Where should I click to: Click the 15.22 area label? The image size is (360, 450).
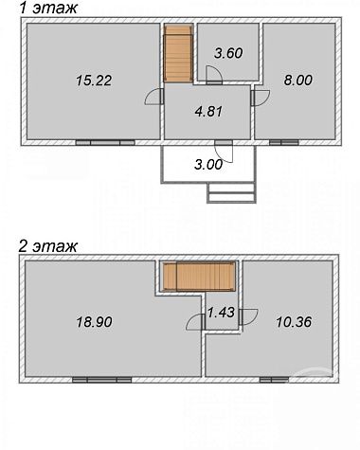click(x=94, y=81)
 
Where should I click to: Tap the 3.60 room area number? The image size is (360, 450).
click(x=228, y=53)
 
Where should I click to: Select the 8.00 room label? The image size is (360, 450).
click(x=298, y=80)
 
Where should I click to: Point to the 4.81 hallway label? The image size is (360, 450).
click(x=208, y=112)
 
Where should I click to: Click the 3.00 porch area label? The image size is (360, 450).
click(x=208, y=165)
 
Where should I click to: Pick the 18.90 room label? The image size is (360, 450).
click(x=94, y=322)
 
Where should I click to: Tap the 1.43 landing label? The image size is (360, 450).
click(x=221, y=313)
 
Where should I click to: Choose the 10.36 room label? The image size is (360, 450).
click(x=294, y=322)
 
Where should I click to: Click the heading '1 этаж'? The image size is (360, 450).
click(x=48, y=8)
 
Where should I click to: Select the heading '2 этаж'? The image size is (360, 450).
click(x=47, y=246)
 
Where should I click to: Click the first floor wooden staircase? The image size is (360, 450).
click(x=178, y=54)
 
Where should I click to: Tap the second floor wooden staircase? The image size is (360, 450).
click(x=200, y=277)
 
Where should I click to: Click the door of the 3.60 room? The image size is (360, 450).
click(x=214, y=75)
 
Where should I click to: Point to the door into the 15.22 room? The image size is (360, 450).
click(x=153, y=97)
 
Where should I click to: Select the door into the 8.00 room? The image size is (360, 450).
click(x=261, y=98)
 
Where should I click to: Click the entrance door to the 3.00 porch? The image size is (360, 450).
click(x=224, y=152)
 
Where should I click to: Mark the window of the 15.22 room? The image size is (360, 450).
click(x=105, y=143)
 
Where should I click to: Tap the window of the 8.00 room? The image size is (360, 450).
click(x=284, y=143)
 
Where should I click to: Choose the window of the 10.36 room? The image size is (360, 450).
click(x=274, y=380)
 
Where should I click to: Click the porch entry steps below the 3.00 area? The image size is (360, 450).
click(x=231, y=193)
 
